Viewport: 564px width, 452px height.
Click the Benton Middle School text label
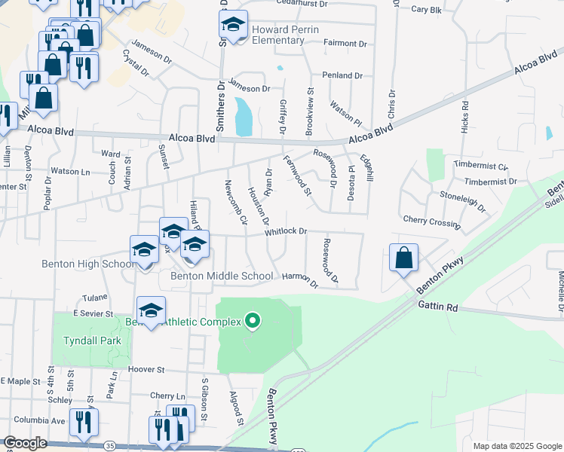point(222,276)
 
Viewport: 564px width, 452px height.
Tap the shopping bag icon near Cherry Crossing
point(404,257)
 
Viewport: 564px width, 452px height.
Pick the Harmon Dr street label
point(300,279)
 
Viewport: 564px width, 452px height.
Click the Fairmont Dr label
point(345,44)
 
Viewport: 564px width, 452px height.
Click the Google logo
point(26,443)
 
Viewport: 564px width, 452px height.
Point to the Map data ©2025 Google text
point(517,446)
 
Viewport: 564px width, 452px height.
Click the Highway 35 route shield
point(111,446)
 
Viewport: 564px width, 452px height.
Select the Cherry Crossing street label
point(431,221)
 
